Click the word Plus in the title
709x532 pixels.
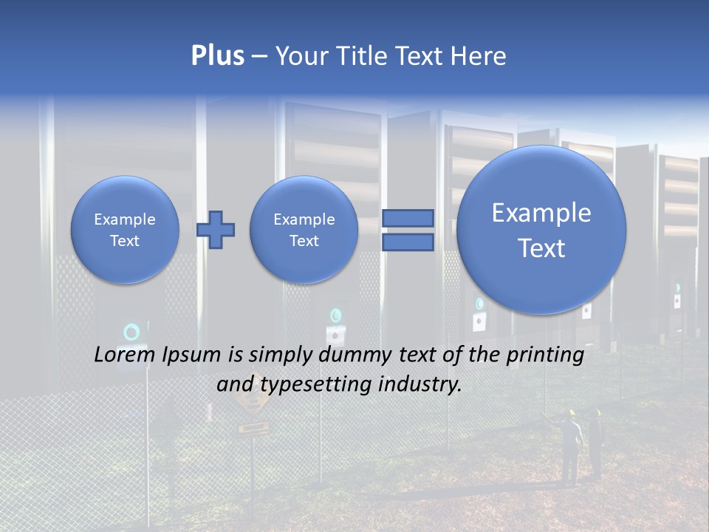[x=217, y=56]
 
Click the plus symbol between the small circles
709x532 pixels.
[x=216, y=230]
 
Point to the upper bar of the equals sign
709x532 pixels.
[x=408, y=218]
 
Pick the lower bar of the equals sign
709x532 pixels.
[x=408, y=242]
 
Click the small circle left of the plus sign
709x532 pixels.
[x=125, y=230]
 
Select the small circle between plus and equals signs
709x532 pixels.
[x=304, y=230]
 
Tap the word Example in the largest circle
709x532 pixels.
[x=541, y=213]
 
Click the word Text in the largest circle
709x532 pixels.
[x=541, y=248]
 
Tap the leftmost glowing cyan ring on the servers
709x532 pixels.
[x=131, y=332]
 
